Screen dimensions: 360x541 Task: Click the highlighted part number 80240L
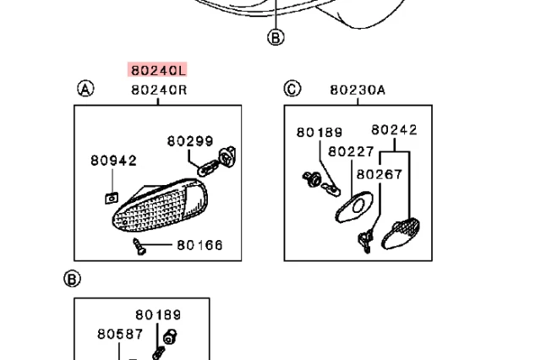click(x=158, y=69)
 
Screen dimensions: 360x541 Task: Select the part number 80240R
click(x=158, y=89)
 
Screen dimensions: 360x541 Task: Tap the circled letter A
click(x=85, y=89)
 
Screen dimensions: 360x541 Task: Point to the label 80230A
click(x=358, y=89)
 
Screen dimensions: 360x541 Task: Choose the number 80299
click(x=189, y=141)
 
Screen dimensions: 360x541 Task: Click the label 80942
click(x=113, y=160)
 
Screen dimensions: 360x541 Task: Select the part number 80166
click(x=199, y=245)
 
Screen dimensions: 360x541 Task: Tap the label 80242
click(x=394, y=130)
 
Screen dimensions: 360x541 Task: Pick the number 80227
click(x=351, y=151)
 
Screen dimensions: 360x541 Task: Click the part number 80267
click(x=380, y=174)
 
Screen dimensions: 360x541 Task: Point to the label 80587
click(x=119, y=334)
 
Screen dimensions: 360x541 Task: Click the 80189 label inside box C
click(x=319, y=132)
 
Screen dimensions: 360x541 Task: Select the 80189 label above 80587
click(x=158, y=315)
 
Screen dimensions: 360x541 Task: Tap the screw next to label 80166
click(x=139, y=247)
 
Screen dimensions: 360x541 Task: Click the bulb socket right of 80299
click(x=226, y=156)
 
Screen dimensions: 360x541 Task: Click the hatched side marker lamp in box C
click(x=401, y=233)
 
